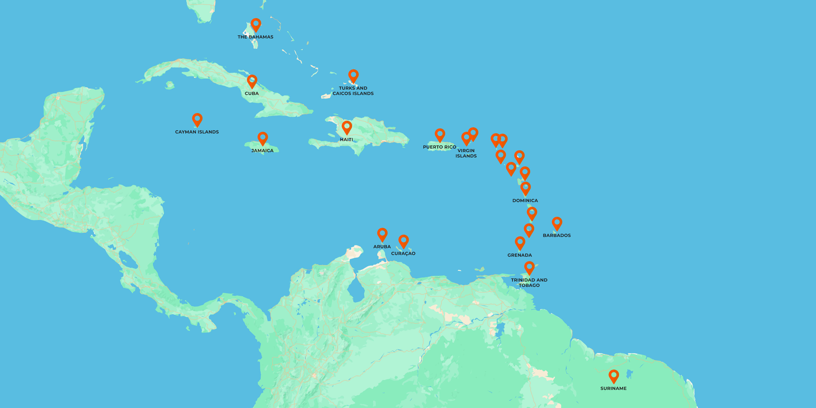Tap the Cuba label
[x=252, y=93]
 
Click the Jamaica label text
[x=262, y=150]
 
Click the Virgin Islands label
[x=466, y=153]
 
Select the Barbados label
[x=557, y=235]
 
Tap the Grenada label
[x=520, y=255]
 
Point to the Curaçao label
[x=403, y=254]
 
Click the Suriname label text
[x=613, y=388]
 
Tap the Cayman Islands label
[x=197, y=132]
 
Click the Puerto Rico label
[x=439, y=147]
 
